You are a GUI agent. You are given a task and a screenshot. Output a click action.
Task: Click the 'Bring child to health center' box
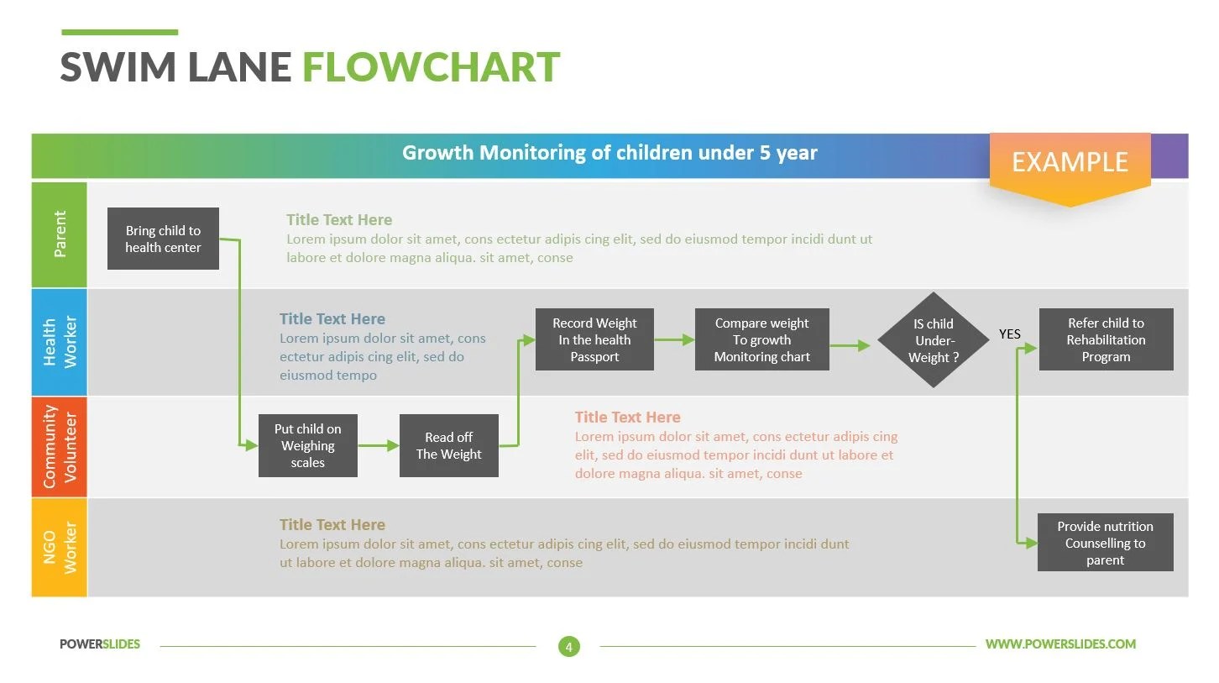tap(163, 239)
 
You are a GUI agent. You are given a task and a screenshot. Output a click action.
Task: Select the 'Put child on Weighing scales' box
tap(307, 445)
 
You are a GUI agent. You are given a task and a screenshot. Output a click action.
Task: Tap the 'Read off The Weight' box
tap(448, 445)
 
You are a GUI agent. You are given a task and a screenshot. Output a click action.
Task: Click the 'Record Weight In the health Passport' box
tap(594, 339)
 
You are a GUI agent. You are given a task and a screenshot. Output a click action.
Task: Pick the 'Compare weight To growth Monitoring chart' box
tap(761, 339)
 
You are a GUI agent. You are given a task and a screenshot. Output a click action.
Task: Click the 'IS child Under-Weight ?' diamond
tap(933, 340)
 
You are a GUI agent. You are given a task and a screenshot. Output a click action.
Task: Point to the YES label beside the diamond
tap(1009, 334)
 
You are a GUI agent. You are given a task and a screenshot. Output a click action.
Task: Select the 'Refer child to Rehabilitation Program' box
tap(1106, 339)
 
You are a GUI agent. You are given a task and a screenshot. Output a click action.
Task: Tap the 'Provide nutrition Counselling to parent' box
tap(1105, 543)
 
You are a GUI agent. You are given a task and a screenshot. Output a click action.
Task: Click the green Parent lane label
tap(60, 234)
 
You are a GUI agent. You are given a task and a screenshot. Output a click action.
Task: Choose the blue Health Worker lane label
tap(60, 342)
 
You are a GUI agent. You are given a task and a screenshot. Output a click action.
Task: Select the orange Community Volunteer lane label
tap(60, 447)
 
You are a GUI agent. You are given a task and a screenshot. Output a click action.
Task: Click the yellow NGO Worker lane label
tap(60, 547)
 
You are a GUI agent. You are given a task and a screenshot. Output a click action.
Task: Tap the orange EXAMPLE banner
tap(1069, 162)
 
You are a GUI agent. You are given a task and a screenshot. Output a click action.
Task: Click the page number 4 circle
tap(568, 646)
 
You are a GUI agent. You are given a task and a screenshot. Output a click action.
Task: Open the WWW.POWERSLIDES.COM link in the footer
tap(1059, 644)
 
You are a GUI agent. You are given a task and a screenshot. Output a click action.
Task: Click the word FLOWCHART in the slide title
tap(431, 67)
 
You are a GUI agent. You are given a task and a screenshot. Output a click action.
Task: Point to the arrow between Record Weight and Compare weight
tap(674, 340)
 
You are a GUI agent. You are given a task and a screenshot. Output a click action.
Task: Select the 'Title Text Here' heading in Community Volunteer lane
tap(627, 417)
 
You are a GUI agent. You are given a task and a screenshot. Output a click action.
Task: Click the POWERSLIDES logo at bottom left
tap(100, 644)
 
